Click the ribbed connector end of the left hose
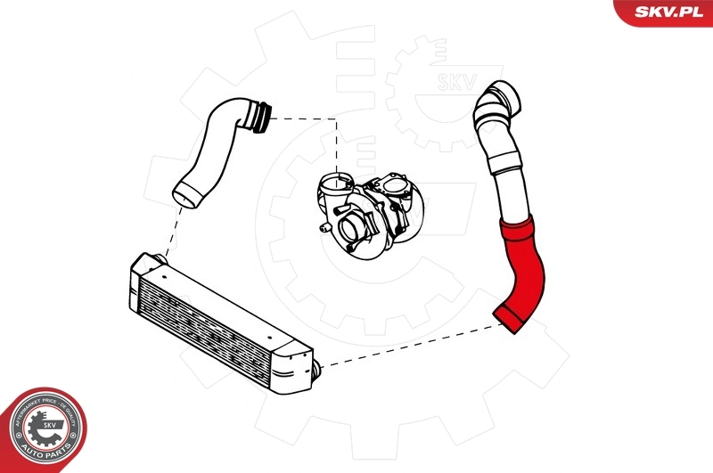(260, 118)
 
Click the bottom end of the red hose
(511, 318)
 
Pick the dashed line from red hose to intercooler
(410, 346)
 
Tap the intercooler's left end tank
(143, 267)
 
